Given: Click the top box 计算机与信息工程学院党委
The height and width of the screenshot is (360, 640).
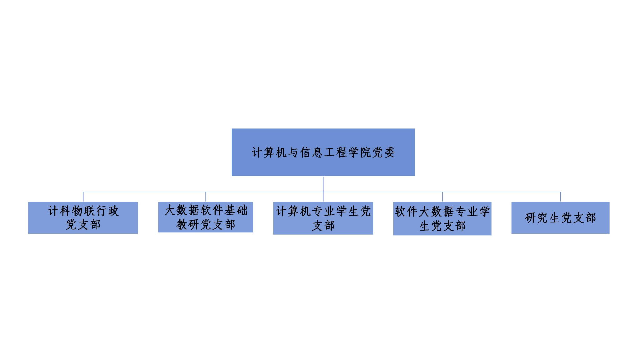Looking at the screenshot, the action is [x=323, y=152].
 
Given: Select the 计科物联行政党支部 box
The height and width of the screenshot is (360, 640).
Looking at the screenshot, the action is [x=83, y=218].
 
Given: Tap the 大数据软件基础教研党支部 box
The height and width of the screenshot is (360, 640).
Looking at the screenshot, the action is [x=206, y=217].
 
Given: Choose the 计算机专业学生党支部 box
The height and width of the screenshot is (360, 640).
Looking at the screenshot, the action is [x=323, y=218].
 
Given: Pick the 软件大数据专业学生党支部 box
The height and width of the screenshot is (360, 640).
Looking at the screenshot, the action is [x=442, y=218].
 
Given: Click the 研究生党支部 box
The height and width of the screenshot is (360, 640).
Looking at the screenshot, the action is [x=560, y=218].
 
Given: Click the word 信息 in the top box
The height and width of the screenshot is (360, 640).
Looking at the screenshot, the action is [x=311, y=152].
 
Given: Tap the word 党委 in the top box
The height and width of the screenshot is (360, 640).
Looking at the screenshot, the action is [x=384, y=152].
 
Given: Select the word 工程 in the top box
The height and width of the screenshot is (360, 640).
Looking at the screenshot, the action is [x=335, y=152].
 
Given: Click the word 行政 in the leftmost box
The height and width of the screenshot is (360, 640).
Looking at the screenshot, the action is [x=107, y=211].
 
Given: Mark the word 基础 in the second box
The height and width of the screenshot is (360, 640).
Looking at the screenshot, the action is [x=236, y=210].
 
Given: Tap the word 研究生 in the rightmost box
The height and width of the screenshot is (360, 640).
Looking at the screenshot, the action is [x=542, y=218].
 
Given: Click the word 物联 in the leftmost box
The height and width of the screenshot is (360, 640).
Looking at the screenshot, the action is [x=83, y=211].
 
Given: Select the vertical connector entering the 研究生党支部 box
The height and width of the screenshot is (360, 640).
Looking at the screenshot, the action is [x=560, y=197].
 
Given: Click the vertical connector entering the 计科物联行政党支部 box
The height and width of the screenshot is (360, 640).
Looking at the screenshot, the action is [x=83, y=197].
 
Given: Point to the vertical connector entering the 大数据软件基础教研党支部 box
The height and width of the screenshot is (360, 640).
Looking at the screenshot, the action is [x=206, y=197].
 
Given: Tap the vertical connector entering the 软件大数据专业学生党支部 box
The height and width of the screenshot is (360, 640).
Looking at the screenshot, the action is [x=442, y=197].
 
